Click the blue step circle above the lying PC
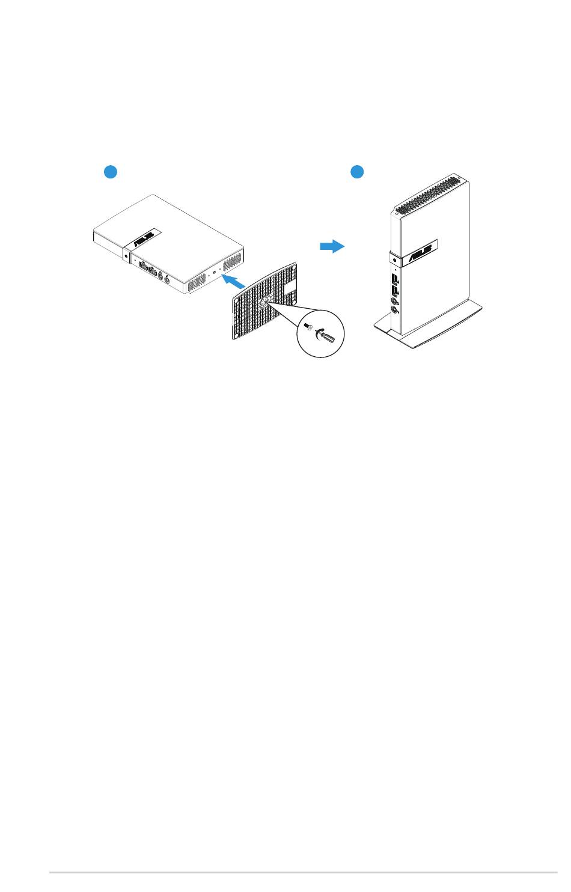click(109, 172)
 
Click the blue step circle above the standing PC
click(358, 172)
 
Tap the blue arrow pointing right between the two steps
click(332, 246)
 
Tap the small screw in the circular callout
click(309, 328)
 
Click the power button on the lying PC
click(126, 255)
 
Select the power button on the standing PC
click(392, 261)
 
